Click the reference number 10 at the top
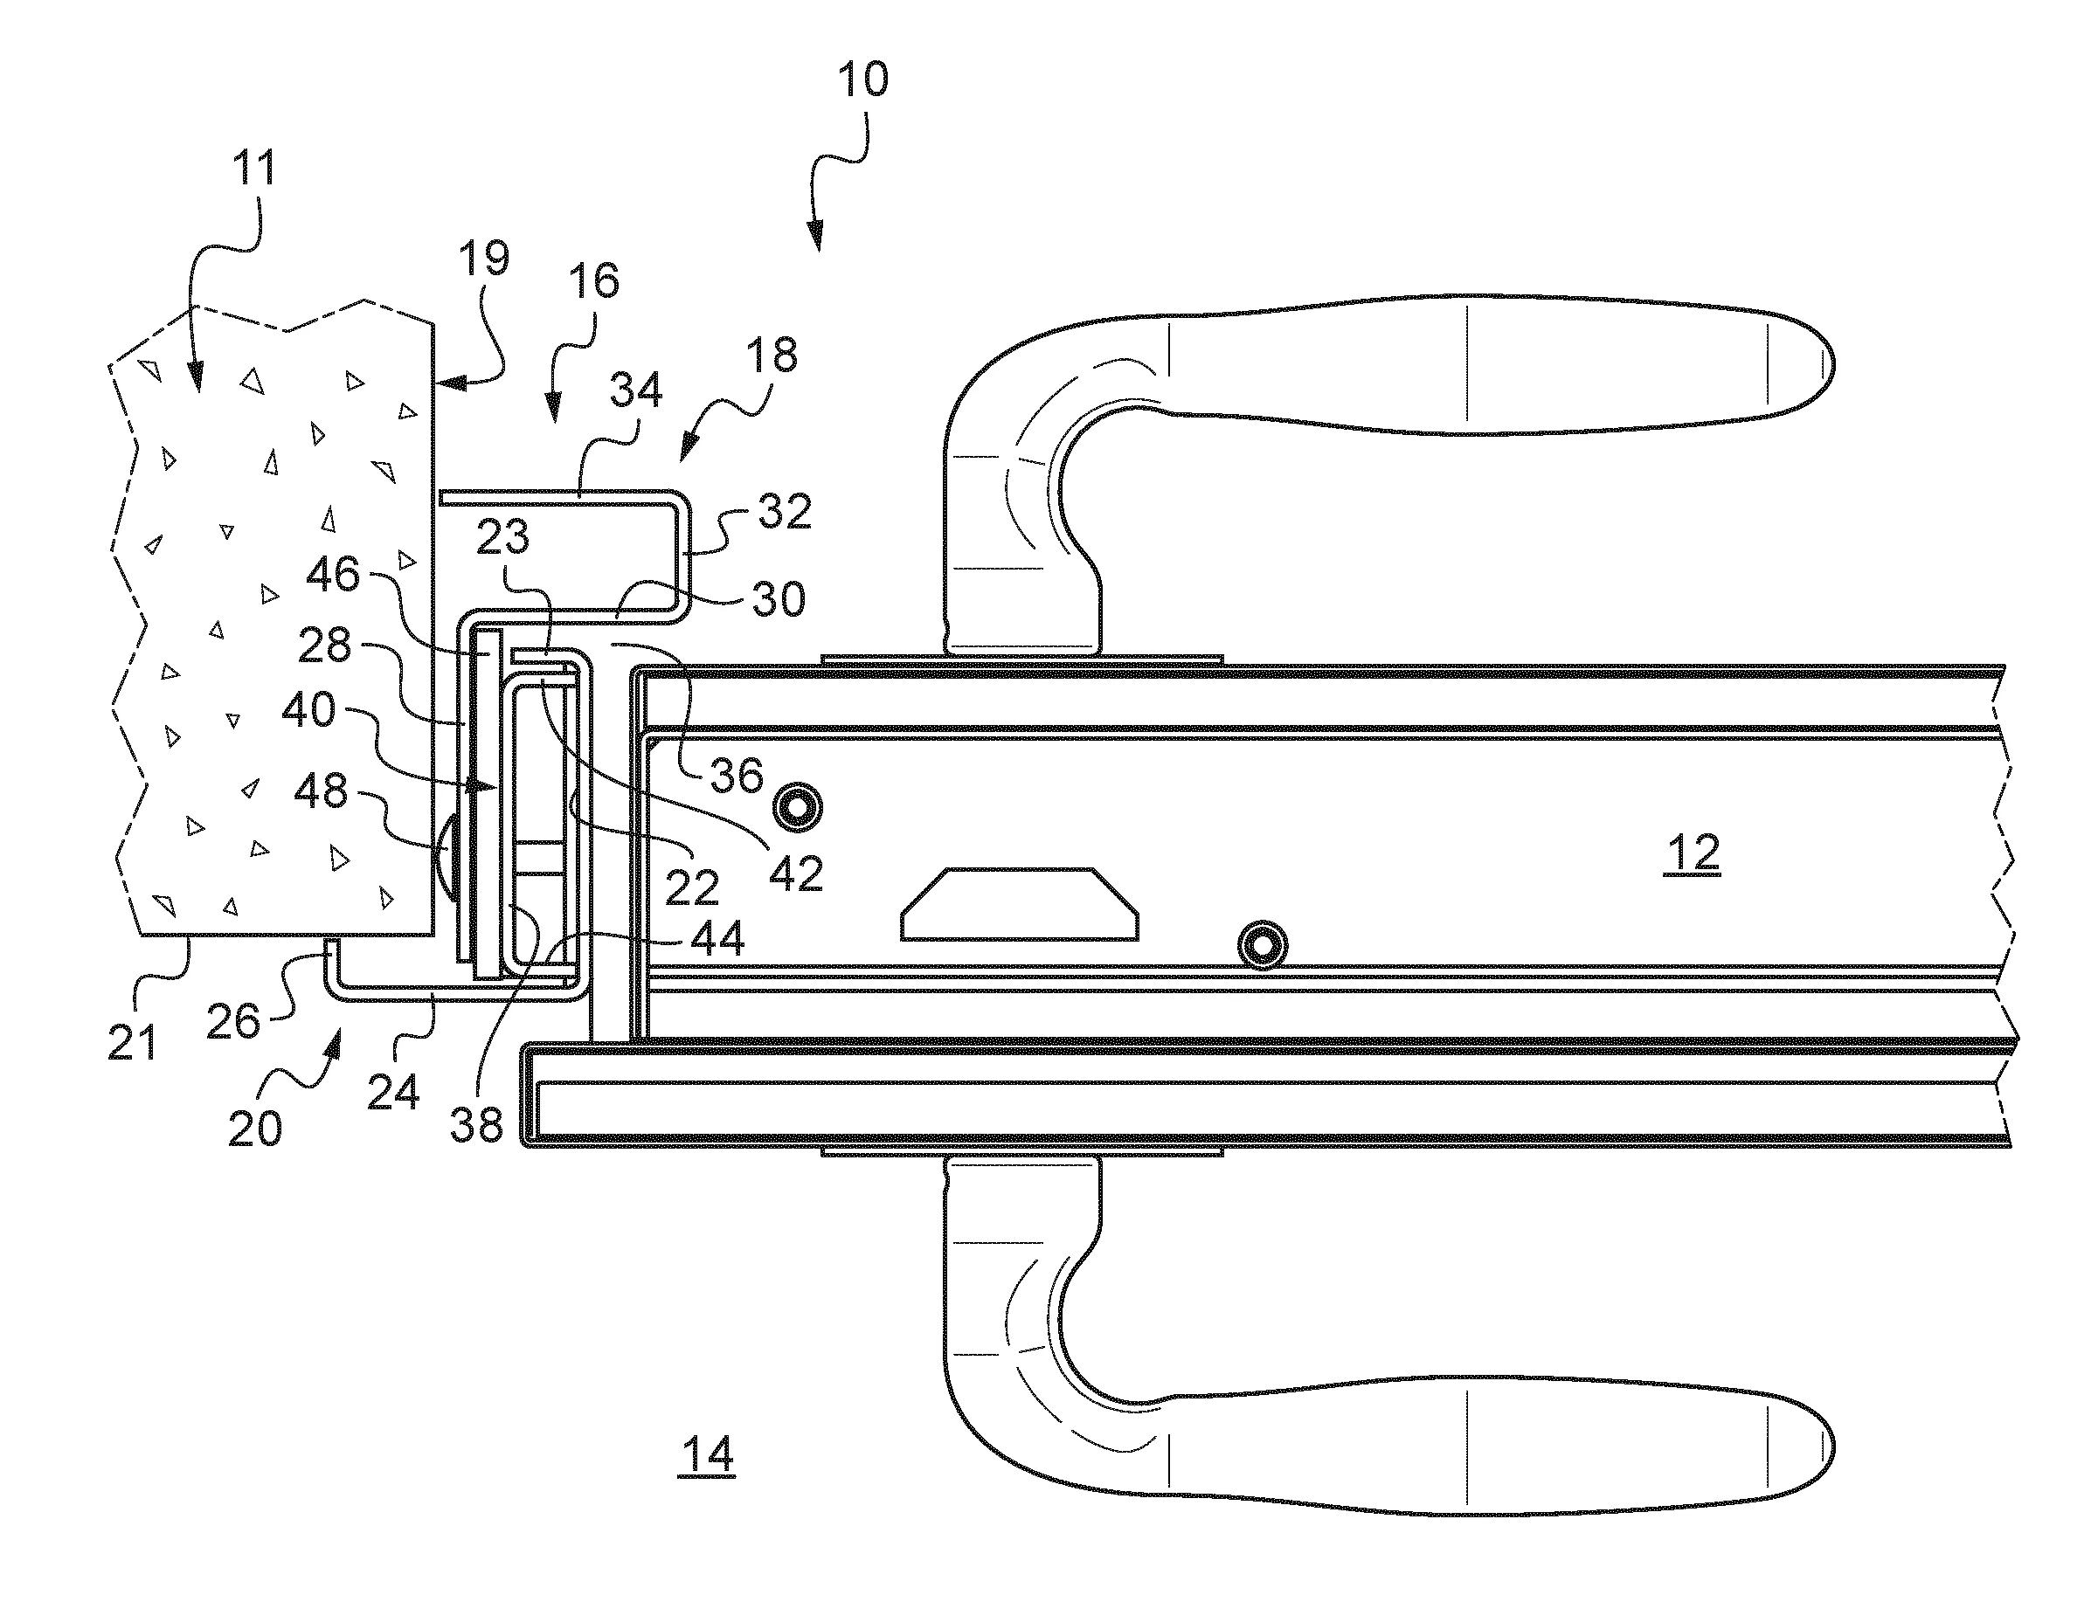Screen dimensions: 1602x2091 point(862,79)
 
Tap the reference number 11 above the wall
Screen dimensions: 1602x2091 point(253,168)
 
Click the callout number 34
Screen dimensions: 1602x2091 point(636,390)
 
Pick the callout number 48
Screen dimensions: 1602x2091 point(321,791)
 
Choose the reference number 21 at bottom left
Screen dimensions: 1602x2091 point(132,1042)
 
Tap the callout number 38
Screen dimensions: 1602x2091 point(476,1125)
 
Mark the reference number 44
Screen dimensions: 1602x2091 point(717,939)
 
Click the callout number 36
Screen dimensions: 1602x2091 point(737,776)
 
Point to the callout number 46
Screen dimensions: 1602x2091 point(333,575)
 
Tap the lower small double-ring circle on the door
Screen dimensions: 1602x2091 point(1262,946)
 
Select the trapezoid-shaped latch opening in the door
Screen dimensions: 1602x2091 point(1019,904)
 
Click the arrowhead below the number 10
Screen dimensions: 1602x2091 point(816,238)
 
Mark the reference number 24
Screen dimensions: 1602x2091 point(393,1092)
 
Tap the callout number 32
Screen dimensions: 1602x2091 point(784,512)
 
